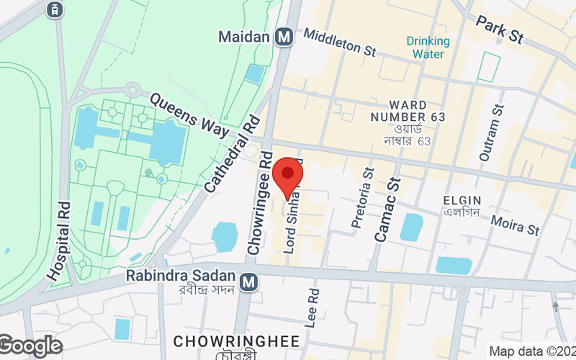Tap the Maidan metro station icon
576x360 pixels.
coord(283,36)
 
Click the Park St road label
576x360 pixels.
coord(500,29)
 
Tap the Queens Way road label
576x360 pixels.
coord(191,115)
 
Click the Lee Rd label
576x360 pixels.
coord(312,309)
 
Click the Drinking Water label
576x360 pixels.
coord(428,48)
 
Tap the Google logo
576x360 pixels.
coord(30,346)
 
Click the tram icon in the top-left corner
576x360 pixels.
coord(53,9)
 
